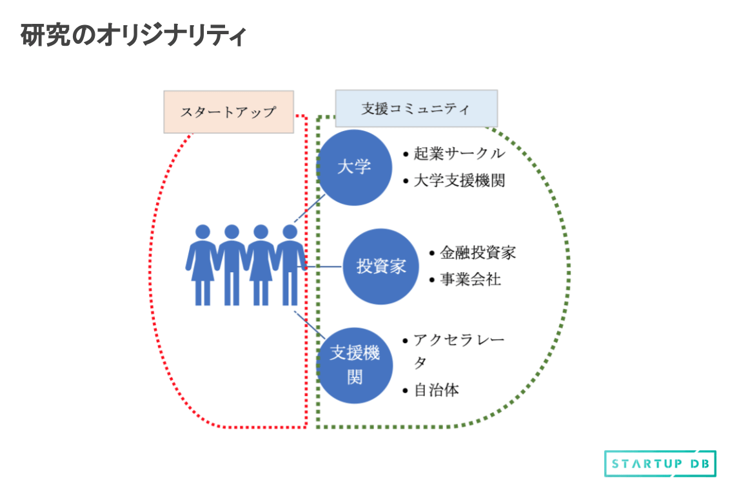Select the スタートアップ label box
[228, 112]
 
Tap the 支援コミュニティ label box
[416, 108]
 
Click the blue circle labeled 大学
[355, 168]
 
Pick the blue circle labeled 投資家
[380, 266]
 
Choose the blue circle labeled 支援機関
[355, 365]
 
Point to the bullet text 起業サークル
[459, 154]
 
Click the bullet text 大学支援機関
[459, 181]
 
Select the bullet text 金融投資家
[477, 253]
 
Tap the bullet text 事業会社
[470, 280]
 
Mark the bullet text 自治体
[437, 390]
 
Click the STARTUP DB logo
[660, 464]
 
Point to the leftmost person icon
[202, 264]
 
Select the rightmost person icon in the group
[290, 264]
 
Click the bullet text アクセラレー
[459, 340]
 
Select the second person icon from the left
[232, 264]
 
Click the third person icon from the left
[261, 264]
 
